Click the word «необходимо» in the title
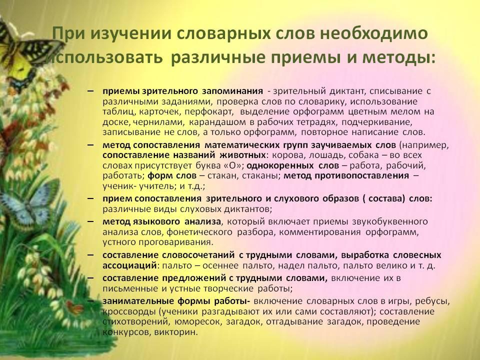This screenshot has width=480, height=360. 373,33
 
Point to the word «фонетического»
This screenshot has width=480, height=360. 199,232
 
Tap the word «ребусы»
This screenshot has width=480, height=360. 432,301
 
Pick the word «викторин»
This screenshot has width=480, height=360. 175,332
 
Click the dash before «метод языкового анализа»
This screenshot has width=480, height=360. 90,221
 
